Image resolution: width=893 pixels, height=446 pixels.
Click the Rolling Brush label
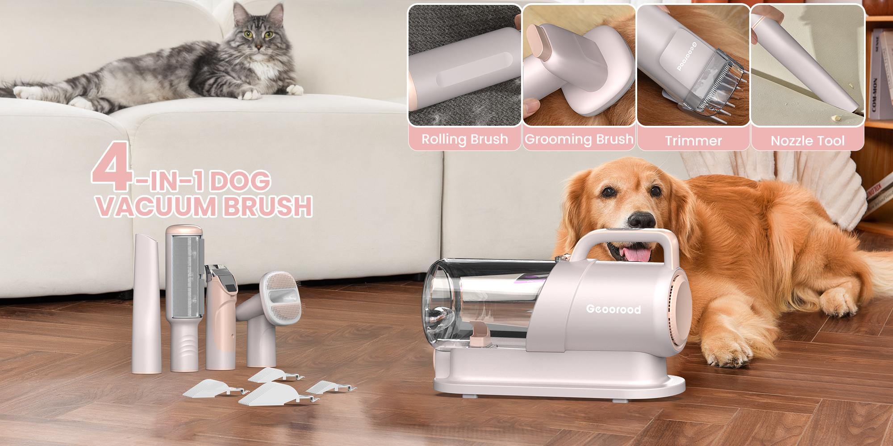click(464, 139)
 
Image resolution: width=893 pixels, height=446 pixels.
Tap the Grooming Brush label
click(579, 139)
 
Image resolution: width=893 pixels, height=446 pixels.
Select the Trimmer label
click(693, 141)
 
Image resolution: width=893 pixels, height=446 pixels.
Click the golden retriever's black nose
click(642, 219)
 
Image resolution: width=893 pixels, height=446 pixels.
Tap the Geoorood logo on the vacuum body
click(613, 309)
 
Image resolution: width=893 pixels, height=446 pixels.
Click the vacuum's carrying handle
click(625, 243)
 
